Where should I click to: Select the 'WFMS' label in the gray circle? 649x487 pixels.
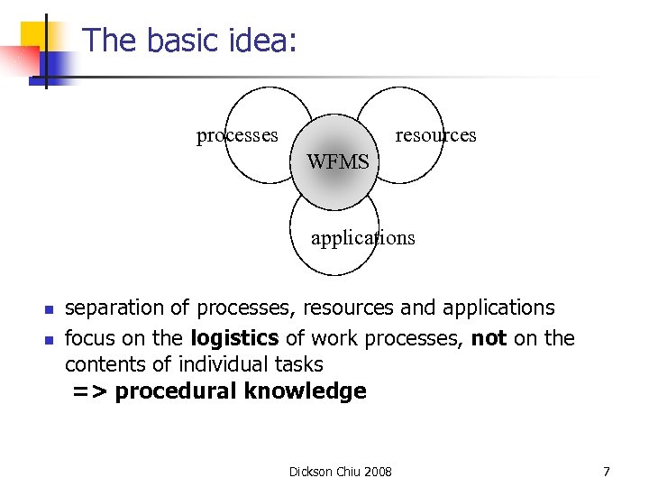click(x=338, y=162)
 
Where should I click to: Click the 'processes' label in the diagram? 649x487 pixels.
click(x=237, y=135)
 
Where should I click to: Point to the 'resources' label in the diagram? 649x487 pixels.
click(x=435, y=135)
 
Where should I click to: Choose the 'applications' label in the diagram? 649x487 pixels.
click(x=362, y=238)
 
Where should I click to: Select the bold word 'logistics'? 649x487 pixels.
click(x=235, y=338)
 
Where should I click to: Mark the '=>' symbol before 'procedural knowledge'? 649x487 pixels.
click(x=90, y=391)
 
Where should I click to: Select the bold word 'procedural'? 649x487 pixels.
click(x=175, y=391)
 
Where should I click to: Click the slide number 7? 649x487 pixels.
click(x=606, y=472)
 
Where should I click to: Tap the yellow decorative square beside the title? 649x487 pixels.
click(x=38, y=36)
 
